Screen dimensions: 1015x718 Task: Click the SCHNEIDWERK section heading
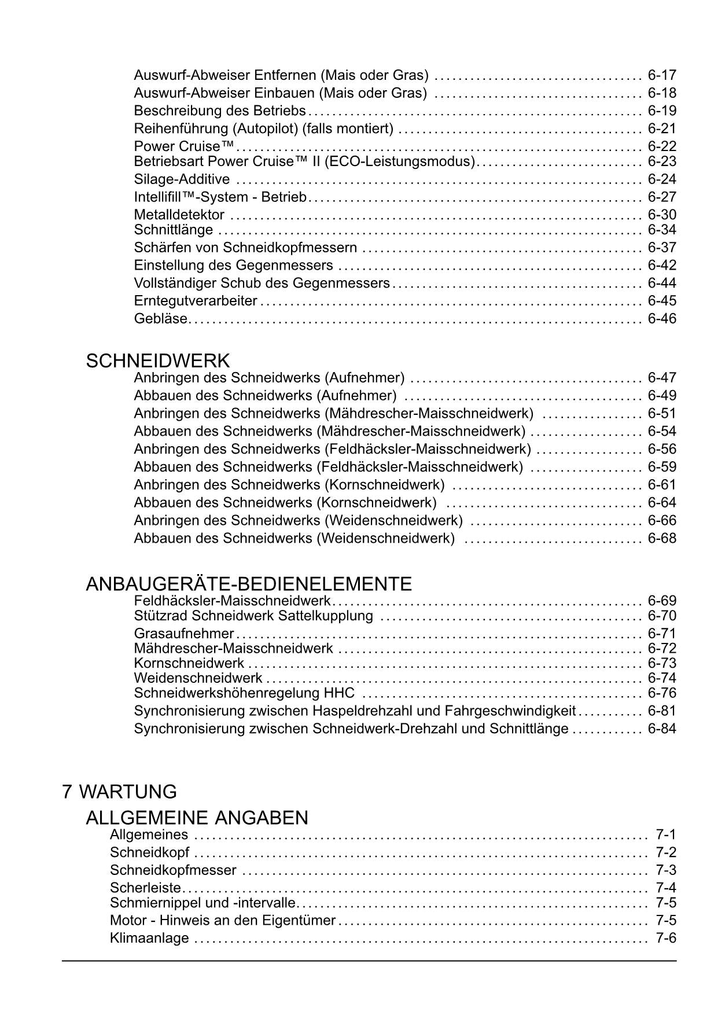click(157, 361)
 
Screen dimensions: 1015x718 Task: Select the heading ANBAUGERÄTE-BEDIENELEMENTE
click(249, 584)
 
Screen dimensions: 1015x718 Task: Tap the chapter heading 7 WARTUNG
click(119, 792)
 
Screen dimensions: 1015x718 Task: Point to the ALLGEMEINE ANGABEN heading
click(197, 818)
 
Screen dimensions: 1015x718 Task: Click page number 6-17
click(662, 75)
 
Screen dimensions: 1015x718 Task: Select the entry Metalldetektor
click(179, 215)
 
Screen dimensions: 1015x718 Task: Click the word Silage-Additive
click(182, 179)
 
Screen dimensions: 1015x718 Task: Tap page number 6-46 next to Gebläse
click(662, 319)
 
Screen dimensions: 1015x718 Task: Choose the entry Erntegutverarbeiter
click(196, 301)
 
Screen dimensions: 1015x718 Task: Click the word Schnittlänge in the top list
click(174, 230)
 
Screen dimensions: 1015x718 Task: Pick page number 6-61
click(662, 485)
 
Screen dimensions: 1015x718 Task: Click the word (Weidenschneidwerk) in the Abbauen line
click(385, 539)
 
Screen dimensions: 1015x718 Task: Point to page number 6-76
click(662, 693)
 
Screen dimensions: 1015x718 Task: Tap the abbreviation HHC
click(340, 693)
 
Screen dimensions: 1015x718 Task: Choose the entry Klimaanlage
click(149, 938)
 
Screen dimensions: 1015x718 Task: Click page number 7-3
click(666, 870)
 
